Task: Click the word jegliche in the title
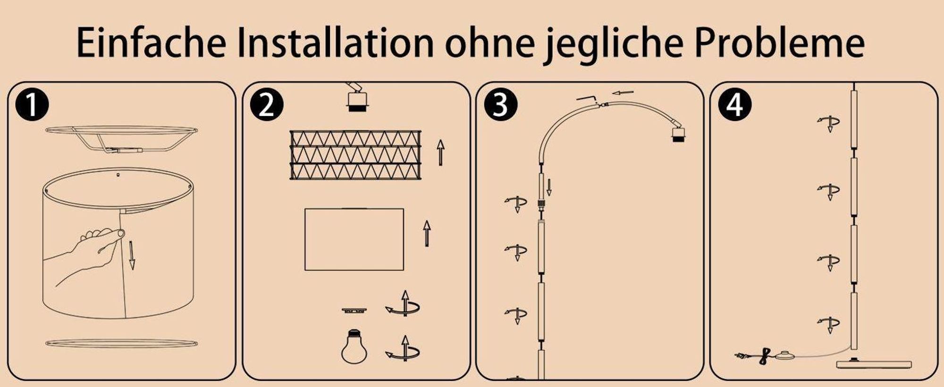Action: pos(612,45)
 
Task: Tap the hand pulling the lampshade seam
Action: pos(90,255)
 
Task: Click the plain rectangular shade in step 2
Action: pos(354,239)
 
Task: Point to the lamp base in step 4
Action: pos(874,364)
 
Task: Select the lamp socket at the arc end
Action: pos(678,134)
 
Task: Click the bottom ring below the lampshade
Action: pos(121,343)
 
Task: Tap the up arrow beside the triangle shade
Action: pos(440,152)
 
